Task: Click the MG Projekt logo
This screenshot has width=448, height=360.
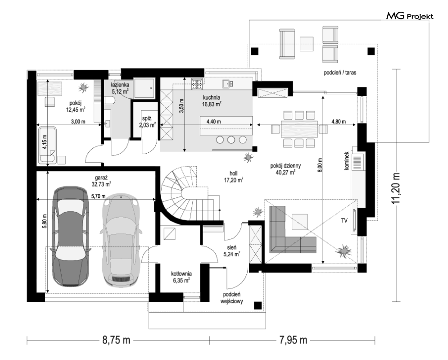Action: tap(410, 16)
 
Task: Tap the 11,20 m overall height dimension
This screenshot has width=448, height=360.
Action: tap(396, 188)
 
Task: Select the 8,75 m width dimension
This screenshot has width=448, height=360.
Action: tap(116, 340)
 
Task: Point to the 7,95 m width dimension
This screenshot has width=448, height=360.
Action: tap(293, 340)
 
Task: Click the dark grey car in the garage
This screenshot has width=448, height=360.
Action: tap(70, 236)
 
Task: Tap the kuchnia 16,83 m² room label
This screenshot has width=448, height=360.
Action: tap(212, 101)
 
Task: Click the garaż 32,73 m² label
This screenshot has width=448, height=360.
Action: tap(101, 181)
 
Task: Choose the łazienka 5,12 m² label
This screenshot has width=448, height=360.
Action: tap(120, 88)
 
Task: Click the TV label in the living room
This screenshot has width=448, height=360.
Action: tap(344, 220)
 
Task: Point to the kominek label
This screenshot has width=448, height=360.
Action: tap(347, 161)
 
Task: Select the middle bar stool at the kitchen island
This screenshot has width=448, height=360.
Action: tap(231, 140)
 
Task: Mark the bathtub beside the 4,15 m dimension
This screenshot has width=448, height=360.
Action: tap(48, 146)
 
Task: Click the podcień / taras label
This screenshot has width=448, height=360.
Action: tap(340, 73)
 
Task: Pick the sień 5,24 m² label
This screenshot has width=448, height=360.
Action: tap(232, 251)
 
